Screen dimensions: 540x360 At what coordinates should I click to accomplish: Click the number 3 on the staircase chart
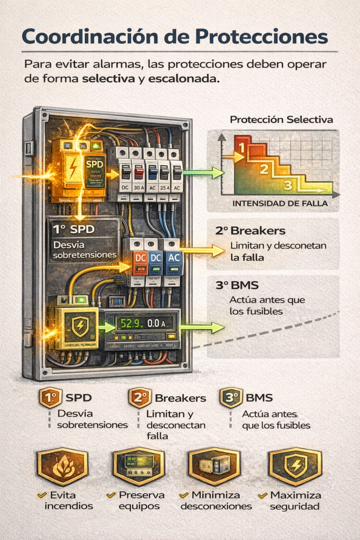287,185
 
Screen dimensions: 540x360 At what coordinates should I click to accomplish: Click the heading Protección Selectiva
281,120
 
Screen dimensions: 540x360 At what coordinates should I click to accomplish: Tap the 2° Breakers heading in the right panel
250,230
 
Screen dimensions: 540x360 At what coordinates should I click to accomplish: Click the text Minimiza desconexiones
216,500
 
